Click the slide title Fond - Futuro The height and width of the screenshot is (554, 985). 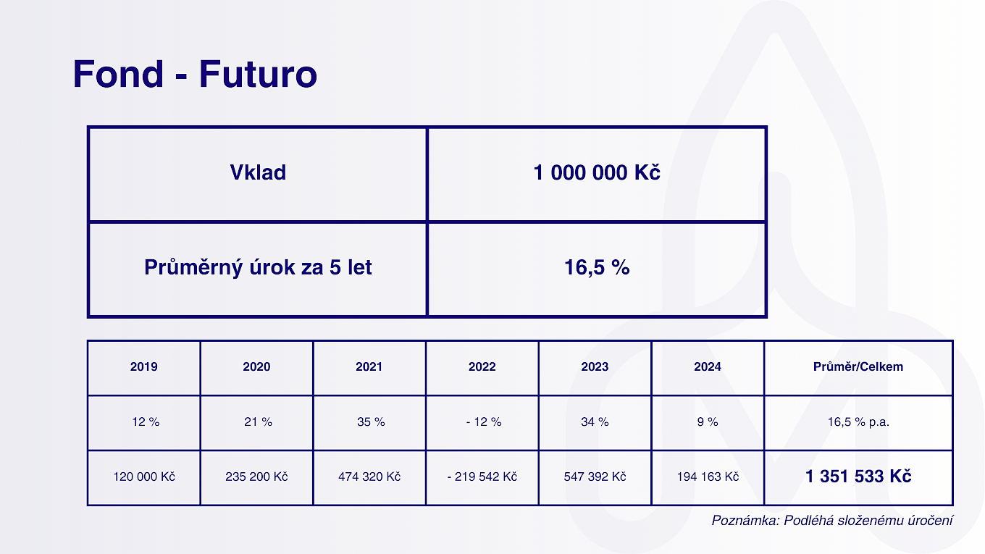[x=195, y=74]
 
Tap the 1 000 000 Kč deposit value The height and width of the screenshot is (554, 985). [x=597, y=172]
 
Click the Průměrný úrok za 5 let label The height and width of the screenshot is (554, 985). [x=258, y=267]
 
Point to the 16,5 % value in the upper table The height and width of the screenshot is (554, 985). [x=597, y=267]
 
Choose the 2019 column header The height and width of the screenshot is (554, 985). [x=144, y=366]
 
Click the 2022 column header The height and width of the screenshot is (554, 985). [x=482, y=366]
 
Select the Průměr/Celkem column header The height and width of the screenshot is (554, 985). [x=858, y=366]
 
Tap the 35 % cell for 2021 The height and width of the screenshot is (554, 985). [x=371, y=422]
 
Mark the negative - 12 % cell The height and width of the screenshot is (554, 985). [x=484, y=422]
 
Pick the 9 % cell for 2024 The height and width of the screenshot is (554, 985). [x=707, y=422]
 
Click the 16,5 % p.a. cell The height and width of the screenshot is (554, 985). [x=858, y=422]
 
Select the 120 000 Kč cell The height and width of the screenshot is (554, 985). [x=144, y=477]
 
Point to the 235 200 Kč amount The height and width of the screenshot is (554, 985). [x=256, y=477]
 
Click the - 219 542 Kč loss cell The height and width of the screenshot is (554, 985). [x=482, y=477]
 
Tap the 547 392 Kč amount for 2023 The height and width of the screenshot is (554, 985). [x=595, y=477]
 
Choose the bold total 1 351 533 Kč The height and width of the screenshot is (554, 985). [x=858, y=477]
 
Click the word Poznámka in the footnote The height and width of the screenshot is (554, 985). [x=745, y=521]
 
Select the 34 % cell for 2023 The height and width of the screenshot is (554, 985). [x=595, y=422]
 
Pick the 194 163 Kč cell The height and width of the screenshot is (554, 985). [x=708, y=477]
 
